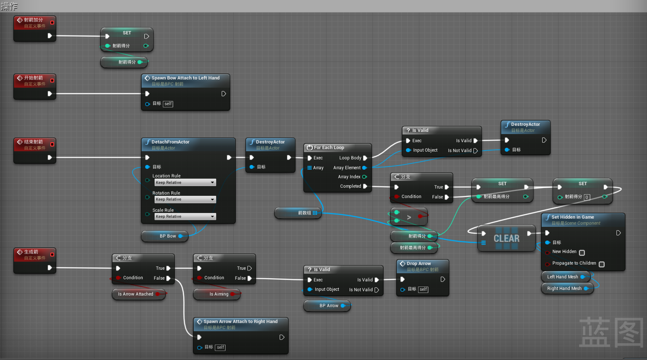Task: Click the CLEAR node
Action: (507, 238)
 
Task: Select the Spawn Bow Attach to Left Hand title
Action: (185, 78)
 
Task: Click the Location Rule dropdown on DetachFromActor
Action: (185, 183)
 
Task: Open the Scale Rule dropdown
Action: (185, 217)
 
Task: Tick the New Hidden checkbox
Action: (582, 253)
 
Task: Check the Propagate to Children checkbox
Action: (601, 264)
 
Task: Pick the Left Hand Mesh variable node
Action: (562, 277)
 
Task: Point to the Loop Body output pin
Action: (365, 158)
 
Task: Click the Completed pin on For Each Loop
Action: (365, 186)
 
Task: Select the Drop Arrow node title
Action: (418, 264)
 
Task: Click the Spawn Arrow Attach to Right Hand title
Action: (240, 322)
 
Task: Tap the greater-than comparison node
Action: (409, 217)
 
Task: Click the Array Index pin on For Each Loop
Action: (364, 177)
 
